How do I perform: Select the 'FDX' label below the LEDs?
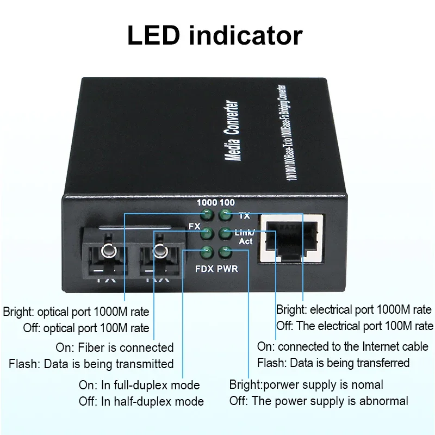(205, 269)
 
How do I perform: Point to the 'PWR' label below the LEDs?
(227, 269)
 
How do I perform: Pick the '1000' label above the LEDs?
(207, 203)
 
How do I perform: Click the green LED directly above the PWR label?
(224, 252)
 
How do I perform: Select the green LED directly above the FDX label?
(206, 252)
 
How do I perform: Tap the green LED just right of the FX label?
(206, 234)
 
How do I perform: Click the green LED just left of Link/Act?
(224, 234)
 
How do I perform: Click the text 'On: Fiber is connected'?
(115, 347)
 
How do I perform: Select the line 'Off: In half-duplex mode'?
(141, 401)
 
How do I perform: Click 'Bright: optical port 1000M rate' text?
(76, 312)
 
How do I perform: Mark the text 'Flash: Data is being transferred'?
(333, 363)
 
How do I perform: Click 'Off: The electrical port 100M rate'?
(355, 326)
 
